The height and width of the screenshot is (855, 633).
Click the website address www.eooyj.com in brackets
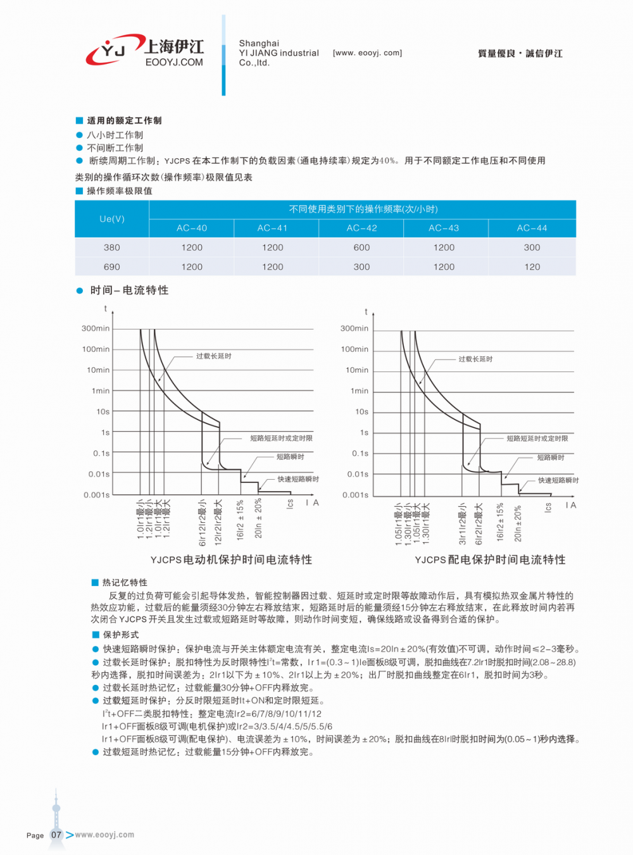(367, 53)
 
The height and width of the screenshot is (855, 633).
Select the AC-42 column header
(361, 228)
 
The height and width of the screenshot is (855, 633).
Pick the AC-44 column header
(532, 228)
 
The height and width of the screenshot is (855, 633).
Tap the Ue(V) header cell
(112, 219)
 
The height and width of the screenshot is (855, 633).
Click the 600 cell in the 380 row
(361, 247)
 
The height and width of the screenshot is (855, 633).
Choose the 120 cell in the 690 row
(532, 267)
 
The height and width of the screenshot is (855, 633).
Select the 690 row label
(112, 267)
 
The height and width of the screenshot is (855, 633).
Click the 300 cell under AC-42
(361, 267)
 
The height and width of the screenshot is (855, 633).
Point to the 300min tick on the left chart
(96, 328)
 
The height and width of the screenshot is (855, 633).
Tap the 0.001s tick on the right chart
(355, 495)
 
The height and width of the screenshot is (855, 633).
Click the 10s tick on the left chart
(103, 411)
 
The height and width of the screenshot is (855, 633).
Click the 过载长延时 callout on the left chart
(213, 356)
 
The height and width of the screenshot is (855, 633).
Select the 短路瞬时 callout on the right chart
(550, 458)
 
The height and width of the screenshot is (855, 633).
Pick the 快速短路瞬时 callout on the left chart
(298, 479)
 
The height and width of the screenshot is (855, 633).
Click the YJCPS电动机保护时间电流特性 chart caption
(231, 559)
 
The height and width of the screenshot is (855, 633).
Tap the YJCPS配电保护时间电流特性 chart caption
(490, 559)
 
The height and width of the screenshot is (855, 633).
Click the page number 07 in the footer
(56, 835)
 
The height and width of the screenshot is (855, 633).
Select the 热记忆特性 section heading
(125, 582)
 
